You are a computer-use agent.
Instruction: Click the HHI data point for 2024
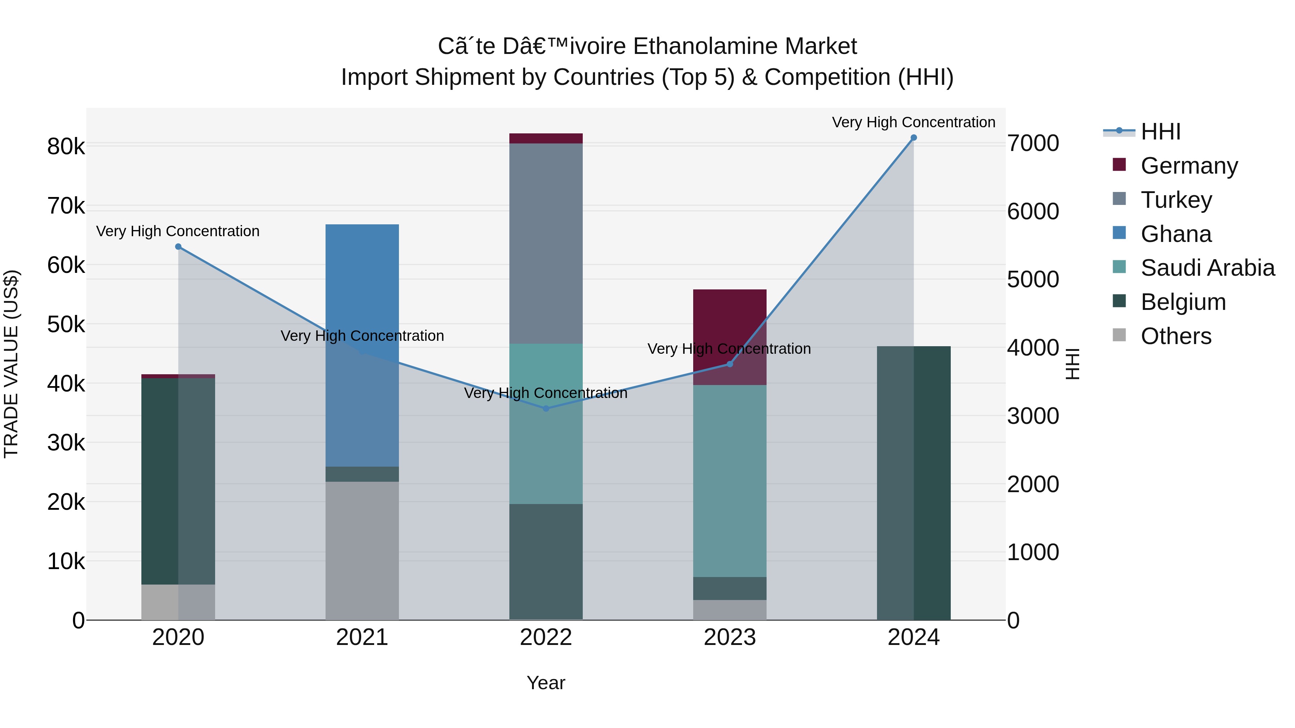(913, 138)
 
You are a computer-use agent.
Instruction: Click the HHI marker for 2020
(178, 247)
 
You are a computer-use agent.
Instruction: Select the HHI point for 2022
(546, 408)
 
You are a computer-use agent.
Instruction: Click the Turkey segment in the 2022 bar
(546, 244)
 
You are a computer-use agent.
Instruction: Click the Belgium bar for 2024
(913, 483)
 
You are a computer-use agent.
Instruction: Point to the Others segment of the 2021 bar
(362, 551)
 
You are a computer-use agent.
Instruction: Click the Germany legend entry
(1189, 166)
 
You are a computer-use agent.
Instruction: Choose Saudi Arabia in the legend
(1207, 268)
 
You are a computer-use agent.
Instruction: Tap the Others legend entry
(1175, 336)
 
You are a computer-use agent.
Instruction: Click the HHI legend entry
(1160, 132)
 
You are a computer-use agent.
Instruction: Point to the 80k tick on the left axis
(66, 147)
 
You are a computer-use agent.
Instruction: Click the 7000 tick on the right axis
(1033, 143)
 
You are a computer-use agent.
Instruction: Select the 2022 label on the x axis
(546, 637)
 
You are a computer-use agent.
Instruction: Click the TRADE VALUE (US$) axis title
(11, 364)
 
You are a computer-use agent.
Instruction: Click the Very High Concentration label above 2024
(913, 122)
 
